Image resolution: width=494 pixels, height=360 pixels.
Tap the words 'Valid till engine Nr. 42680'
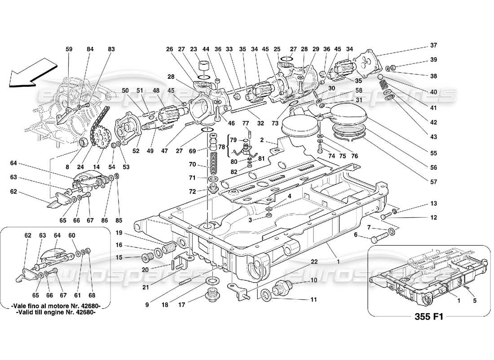click(x=55, y=314)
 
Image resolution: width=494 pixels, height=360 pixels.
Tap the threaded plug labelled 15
click(x=147, y=258)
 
